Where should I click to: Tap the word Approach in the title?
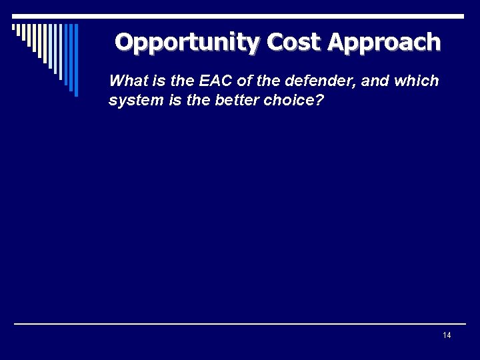(x=384, y=42)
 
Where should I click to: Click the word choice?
(x=272, y=101)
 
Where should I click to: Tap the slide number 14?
(x=446, y=335)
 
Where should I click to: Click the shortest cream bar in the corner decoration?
(x=14, y=28)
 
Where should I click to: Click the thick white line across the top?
(x=267, y=15)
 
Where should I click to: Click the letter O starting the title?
(x=124, y=42)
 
